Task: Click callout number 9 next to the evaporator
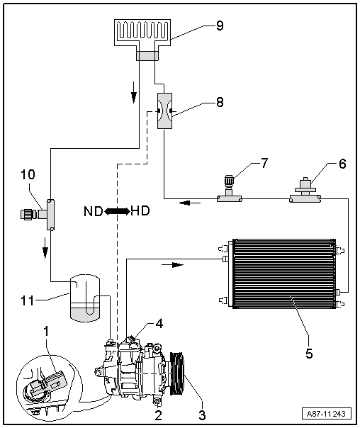coord(220,26)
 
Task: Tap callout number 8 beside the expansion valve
coord(220,102)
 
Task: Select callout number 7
coord(264,163)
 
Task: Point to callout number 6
coord(342,164)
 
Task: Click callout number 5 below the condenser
coord(309,354)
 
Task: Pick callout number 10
coord(28,174)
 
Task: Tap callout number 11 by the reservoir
coord(28,300)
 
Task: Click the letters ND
coord(93,211)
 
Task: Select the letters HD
coord(140,210)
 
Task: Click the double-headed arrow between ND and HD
coord(117,211)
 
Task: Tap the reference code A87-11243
coord(327,414)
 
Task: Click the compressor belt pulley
coord(177,373)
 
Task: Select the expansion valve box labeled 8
coord(165,111)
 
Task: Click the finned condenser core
coord(284,274)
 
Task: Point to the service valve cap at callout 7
coord(229,180)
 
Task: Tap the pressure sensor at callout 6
coord(305,187)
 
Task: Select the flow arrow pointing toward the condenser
coord(173,264)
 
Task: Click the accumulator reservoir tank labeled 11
coord(85,298)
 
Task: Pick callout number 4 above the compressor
coord(159,323)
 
